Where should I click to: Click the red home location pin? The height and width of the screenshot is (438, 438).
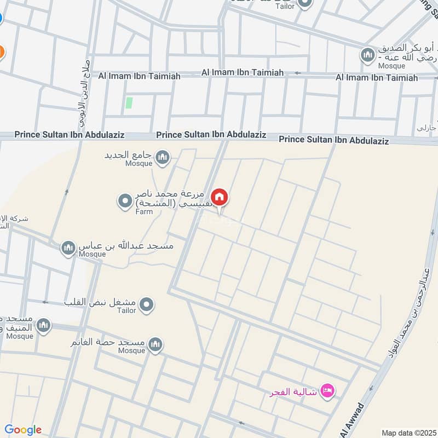point(220,197)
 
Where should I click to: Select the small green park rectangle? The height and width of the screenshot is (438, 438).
point(129,102)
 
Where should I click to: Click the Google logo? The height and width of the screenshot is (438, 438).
point(23,430)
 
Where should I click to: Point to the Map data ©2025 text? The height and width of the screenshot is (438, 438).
point(408,433)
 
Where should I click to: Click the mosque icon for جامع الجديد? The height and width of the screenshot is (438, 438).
point(162,158)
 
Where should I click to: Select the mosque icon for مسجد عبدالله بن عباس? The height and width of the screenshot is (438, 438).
point(68,249)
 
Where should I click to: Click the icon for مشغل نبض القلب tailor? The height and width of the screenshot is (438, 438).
point(146,305)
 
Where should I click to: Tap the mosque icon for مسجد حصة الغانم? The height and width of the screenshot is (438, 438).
point(155,345)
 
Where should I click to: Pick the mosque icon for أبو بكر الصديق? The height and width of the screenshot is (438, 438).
point(367,55)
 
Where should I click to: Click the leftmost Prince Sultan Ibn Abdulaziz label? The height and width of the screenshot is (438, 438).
point(70,134)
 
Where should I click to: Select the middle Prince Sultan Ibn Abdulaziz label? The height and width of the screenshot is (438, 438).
point(211,134)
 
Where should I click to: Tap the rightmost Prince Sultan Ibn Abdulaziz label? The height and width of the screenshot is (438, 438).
point(333,140)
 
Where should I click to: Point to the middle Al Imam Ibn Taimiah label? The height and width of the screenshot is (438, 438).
point(243,72)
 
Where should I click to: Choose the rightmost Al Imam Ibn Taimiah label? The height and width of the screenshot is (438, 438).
point(377,78)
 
